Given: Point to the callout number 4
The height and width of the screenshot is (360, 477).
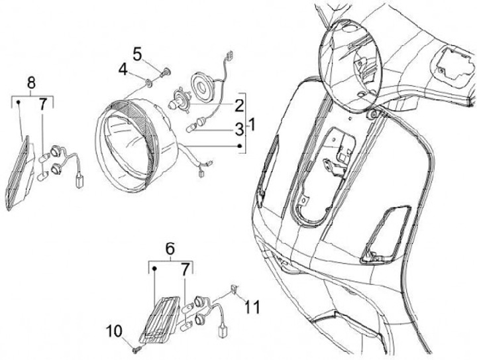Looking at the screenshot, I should pyautogui.click(x=123, y=68).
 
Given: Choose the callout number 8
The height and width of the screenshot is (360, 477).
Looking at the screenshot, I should pyautogui.click(x=32, y=83).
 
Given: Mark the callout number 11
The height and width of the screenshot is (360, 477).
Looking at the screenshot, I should pyautogui.click(x=252, y=307).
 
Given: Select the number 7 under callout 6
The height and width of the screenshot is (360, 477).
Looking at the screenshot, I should pyautogui.click(x=185, y=269).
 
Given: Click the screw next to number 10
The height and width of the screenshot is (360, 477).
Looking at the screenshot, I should pyautogui.click(x=134, y=344).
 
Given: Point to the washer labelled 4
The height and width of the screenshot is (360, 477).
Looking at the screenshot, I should pyautogui.click(x=146, y=82).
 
